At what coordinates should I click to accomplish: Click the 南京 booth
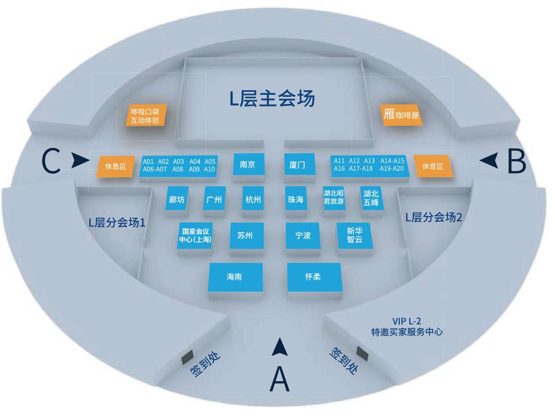pyautogui.click(x=249, y=164)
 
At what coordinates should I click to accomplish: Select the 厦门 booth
pyautogui.click(x=300, y=164)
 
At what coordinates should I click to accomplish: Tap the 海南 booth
pyautogui.click(x=235, y=277)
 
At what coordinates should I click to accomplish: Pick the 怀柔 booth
pyautogui.click(x=315, y=277)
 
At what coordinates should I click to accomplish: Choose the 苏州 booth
pyautogui.click(x=247, y=236)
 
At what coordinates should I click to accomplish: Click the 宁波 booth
pyautogui.click(x=303, y=236)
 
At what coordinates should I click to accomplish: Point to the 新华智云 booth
pyautogui.click(x=355, y=236)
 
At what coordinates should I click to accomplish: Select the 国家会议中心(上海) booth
pyautogui.click(x=195, y=236)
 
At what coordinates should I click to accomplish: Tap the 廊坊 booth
pyautogui.click(x=177, y=198)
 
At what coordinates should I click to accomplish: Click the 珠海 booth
pyautogui.click(x=296, y=198)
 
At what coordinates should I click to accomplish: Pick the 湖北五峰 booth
pyautogui.click(x=371, y=198)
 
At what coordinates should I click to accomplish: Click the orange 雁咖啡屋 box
pyautogui.click(x=401, y=115)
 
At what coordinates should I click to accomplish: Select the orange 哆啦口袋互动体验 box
pyautogui.click(x=146, y=115)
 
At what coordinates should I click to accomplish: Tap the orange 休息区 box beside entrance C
pyautogui.click(x=115, y=166)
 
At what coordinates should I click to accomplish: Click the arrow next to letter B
pyautogui.click(x=489, y=160)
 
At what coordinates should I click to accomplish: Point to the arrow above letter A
pyautogui.click(x=280, y=348)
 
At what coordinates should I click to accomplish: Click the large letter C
pyautogui.click(x=51, y=161)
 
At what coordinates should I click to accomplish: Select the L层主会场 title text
pyautogui.click(x=272, y=98)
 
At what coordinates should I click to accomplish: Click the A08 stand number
pyautogui.click(x=178, y=169)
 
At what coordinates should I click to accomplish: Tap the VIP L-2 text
pyautogui.click(x=407, y=321)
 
